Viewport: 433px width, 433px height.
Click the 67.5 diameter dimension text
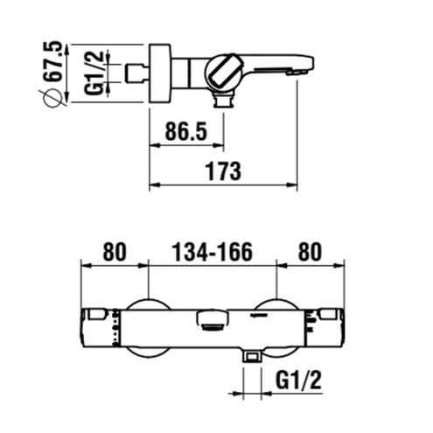pos(52,61)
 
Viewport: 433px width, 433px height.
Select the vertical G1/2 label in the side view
pos(94,73)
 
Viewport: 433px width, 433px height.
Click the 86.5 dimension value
pos(186,131)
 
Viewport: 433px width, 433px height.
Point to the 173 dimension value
pos(223,171)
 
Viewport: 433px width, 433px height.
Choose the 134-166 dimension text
pos(212,252)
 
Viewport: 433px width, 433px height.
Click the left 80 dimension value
pos(115,252)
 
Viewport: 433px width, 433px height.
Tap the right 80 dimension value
pos(310,252)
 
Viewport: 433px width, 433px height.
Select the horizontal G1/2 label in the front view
pos(298,380)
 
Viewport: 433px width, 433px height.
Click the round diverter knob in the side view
pos(224,72)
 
